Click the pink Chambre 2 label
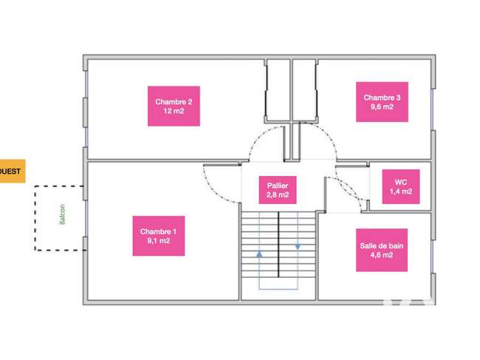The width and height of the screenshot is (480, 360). coord(174,106)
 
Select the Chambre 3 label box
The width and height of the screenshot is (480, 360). coord(382,102)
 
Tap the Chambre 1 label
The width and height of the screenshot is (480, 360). coord(159,236)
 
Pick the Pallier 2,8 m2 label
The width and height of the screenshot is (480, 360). coord(278,190)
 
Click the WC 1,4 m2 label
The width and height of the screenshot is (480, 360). coord(401,186)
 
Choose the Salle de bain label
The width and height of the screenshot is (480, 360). coord(382,250)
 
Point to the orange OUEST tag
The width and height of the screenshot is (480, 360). coord(11,171)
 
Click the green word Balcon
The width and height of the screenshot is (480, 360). coord(62,214)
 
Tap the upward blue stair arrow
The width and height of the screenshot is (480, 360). coord(260,254)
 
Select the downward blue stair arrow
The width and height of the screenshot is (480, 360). coord(298,246)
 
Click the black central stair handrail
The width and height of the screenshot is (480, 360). coord(278,245)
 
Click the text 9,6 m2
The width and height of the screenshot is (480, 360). coord(382,106)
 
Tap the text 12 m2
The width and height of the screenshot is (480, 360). coord(174,111)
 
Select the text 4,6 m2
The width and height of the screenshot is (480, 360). coord(382,255)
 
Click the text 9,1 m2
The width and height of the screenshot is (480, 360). coord(159,241)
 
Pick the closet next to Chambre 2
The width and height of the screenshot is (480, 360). coord(278,90)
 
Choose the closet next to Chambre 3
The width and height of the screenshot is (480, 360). coord(304,90)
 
